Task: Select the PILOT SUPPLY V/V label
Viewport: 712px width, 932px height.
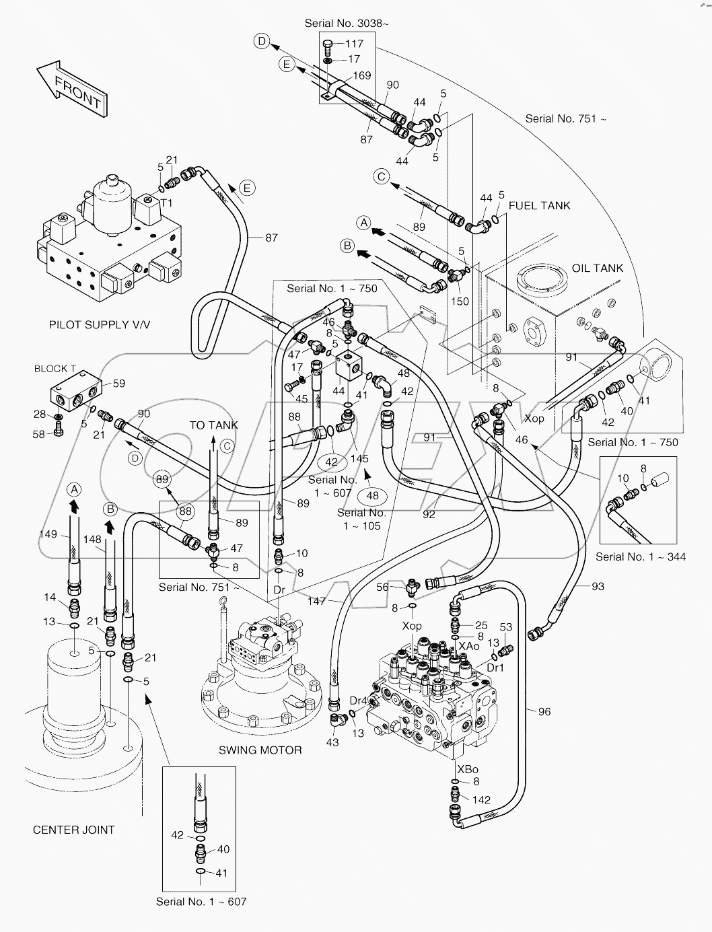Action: point(100,324)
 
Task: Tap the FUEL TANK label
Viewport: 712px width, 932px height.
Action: point(539,205)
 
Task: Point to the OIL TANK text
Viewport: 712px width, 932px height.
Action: point(597,268)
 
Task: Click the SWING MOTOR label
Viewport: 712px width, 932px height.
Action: point(260,750)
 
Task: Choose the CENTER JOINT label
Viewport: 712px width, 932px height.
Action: point(73,830)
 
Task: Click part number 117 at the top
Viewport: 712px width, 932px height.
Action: point(354,44)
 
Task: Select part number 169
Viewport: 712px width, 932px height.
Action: point(362,75)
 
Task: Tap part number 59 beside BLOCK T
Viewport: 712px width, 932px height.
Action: point(118,384)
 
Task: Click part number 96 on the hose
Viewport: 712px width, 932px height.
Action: point(544,711)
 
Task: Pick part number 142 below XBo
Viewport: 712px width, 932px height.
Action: point(481,799)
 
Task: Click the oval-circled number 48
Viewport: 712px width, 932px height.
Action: point(372,496)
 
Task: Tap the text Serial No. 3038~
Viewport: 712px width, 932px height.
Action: point(347,23)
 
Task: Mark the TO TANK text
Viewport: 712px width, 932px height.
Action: point(213,425)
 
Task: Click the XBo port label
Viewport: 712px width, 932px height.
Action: point(467,769)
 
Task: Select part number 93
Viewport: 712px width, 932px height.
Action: point(598,586)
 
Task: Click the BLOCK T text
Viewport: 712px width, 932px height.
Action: point(55,369)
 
